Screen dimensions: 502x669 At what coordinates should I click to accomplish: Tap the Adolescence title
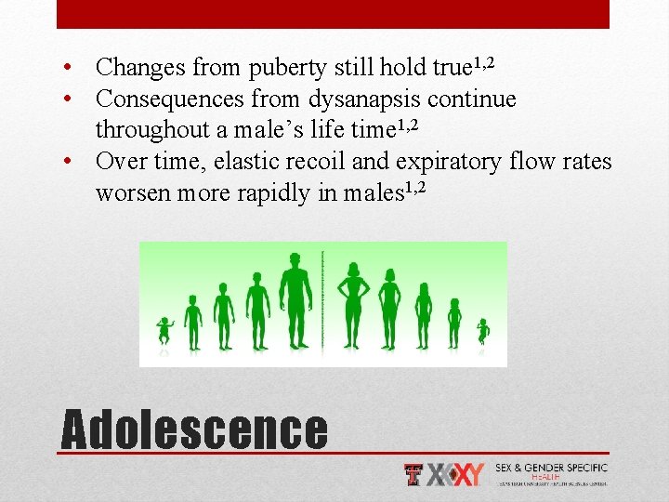194,430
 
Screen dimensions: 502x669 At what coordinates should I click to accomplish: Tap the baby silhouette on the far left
164,330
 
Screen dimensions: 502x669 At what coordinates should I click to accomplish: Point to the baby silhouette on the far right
483,331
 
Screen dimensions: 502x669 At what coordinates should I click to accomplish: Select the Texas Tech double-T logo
414,475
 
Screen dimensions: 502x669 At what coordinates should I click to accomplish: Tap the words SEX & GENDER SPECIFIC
552,468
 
